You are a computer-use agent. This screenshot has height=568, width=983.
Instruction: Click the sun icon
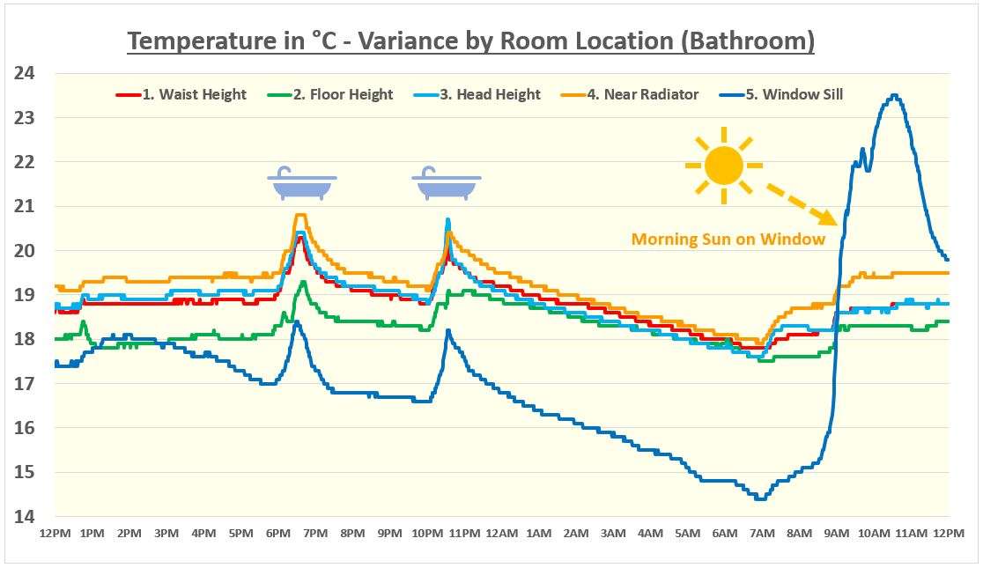pyautogui.click(x=724, y=166)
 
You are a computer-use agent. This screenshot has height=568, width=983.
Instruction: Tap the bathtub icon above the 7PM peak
pyautogui.click(x=302, y=184)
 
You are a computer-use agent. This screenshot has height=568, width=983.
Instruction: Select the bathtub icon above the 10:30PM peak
pyautogui.click(x=447, y=184)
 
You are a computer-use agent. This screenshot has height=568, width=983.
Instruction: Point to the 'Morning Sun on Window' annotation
pyautogui.click(x=728, y=239)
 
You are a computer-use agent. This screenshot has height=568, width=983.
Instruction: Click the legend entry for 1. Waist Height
pyautogui.click(x=182, y=94)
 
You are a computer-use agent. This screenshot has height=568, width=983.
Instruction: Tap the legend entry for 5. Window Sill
pyautogui.click(x=781, y=94)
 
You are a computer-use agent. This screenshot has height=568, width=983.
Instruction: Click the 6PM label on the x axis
pyautogui.click(x=278, y=534)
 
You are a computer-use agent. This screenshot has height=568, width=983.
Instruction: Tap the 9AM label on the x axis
pyautogui.click(x=837, y=534)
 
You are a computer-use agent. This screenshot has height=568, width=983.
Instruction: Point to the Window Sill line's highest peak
pyautogui.click(x=894, y=95)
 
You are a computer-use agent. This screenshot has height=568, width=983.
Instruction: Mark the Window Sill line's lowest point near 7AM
pyautogui.click(x=760, y=498)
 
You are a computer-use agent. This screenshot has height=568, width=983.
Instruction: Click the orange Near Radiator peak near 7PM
pyautogui.click(x=300, y=215)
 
